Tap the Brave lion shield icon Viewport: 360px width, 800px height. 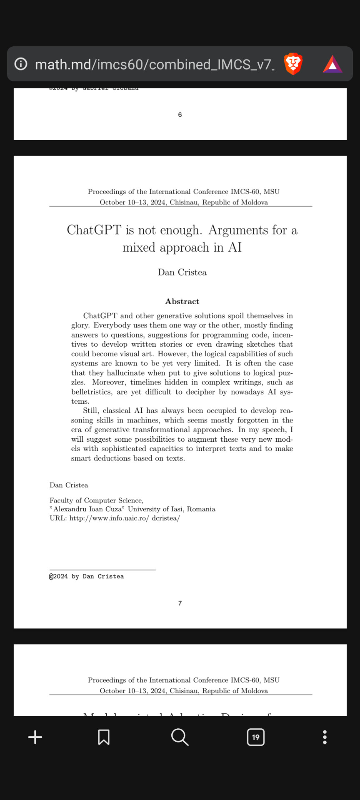[x=293, y=64]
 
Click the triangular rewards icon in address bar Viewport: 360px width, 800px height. [x=332, y=64]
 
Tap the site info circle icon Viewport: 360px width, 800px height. [x=21, y=64]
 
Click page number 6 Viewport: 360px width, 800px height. [x=180, y=115]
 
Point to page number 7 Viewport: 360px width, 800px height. [x=180, y=603]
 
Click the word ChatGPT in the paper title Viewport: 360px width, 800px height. [x=94, y=230]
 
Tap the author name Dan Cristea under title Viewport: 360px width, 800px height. [x=182, y=272]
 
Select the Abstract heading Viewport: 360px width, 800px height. [x=182, y=301]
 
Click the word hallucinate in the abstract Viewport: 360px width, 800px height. [x=125, y=373]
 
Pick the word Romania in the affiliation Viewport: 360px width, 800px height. [x=201, y=509]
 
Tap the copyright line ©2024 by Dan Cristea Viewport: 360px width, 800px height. [x=87, y=576]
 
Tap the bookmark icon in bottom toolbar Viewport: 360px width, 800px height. [x=104, y=737]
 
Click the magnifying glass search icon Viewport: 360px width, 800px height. [x=180, y=737]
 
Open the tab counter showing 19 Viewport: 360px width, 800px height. [x=255, y=737]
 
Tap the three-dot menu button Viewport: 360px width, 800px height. [x=325, y=737]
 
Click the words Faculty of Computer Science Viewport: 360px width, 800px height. [x=96, y=500]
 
